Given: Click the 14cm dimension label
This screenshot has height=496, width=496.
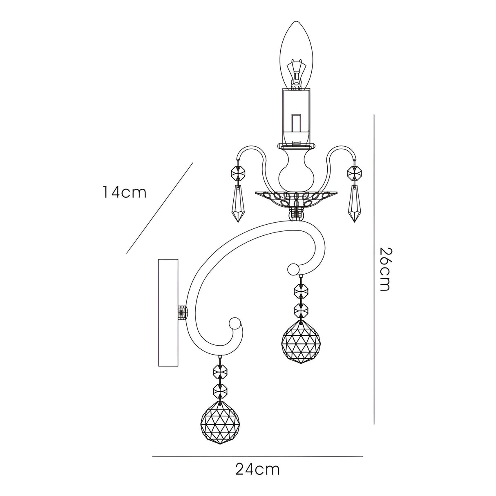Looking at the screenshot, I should tap(124, 192).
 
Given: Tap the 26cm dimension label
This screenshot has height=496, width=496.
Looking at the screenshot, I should tap(384, 269).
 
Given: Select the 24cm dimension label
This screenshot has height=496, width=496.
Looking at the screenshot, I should tap(257, 469).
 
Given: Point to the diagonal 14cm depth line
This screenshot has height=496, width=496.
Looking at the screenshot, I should tap(159, 208).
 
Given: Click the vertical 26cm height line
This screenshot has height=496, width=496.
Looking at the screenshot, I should tap(374, 270).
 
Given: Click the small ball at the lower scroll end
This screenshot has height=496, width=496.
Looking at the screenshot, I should tap(235, 324).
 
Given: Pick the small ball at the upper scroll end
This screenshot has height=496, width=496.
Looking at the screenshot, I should tap(293, 270).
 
